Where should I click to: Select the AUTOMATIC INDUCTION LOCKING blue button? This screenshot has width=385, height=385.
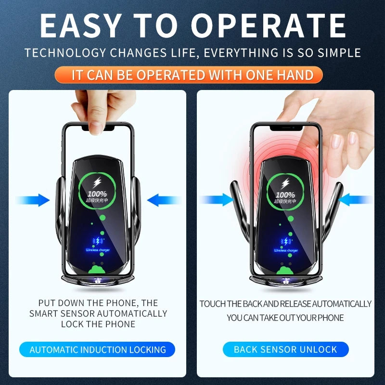click(x=98, y=349)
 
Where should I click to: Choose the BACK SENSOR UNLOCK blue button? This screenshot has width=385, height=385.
click(x=285, y=349)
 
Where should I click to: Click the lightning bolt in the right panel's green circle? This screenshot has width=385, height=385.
click(x=286, y=183)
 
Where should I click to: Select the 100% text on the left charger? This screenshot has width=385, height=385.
click(x=97, y=193)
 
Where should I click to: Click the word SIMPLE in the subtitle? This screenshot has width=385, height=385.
click(x=340, y=52)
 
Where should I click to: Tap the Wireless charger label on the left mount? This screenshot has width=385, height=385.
click(x=98, y=250)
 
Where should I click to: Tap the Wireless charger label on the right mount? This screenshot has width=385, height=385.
click(x=286, y=250)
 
